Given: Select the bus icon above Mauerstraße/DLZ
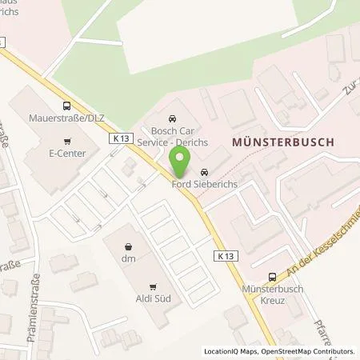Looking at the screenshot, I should (x=66, y=106).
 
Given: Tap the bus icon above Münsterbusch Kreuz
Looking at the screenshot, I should (x=274, y=273).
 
